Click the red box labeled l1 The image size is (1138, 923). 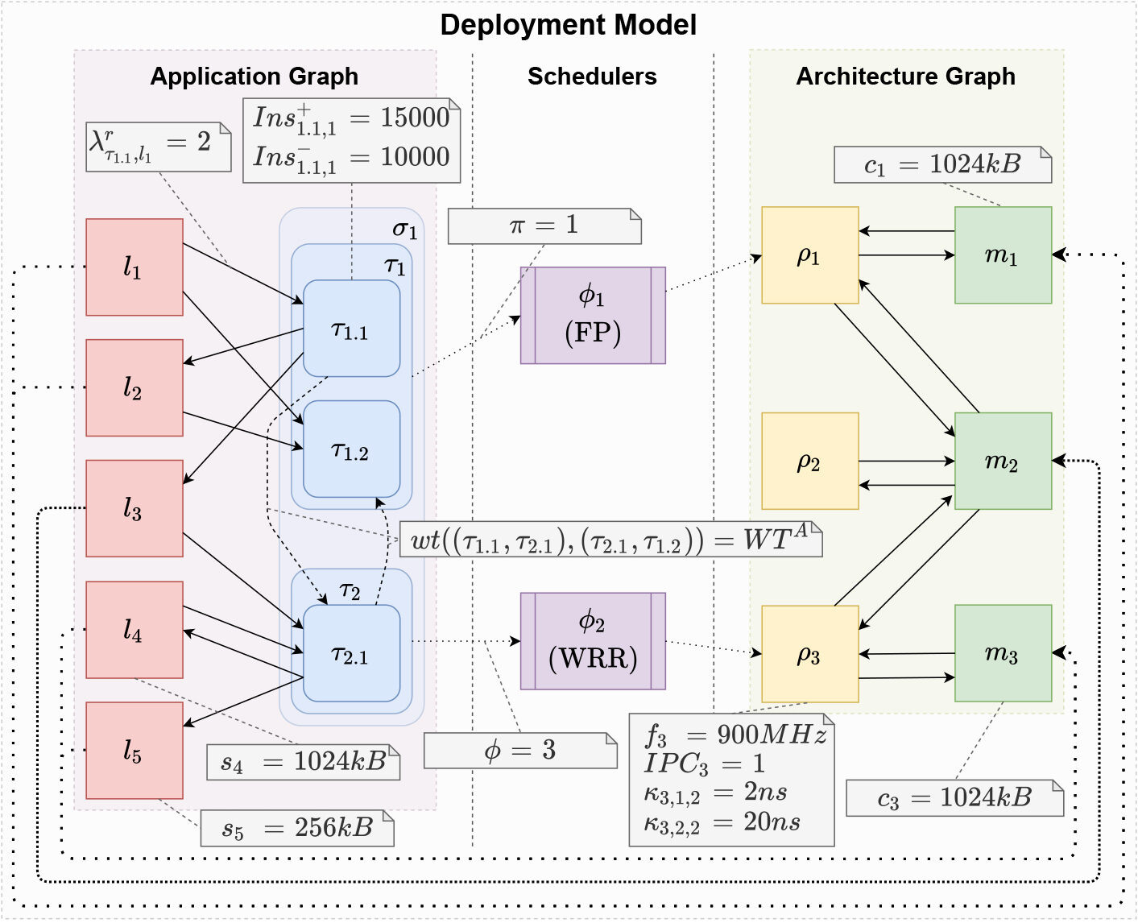134,267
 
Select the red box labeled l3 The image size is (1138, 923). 134,508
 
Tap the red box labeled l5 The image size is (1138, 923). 134,751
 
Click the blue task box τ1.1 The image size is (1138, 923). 351,329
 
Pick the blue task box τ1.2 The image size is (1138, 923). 351,449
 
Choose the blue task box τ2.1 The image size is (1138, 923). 351,654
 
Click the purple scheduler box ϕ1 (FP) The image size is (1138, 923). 593,316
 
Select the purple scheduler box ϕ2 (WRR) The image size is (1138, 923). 593,641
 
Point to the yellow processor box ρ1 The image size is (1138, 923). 809,255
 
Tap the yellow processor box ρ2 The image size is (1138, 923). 809,461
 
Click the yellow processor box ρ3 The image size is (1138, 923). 809,654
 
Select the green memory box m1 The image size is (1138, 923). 1003,255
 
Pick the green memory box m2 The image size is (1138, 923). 1003,461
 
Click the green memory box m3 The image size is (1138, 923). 1003,653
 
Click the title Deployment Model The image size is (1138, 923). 568,25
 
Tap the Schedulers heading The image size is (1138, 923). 592,77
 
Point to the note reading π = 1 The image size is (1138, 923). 544,226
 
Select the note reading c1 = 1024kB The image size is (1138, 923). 942,164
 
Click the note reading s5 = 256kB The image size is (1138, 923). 297,828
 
